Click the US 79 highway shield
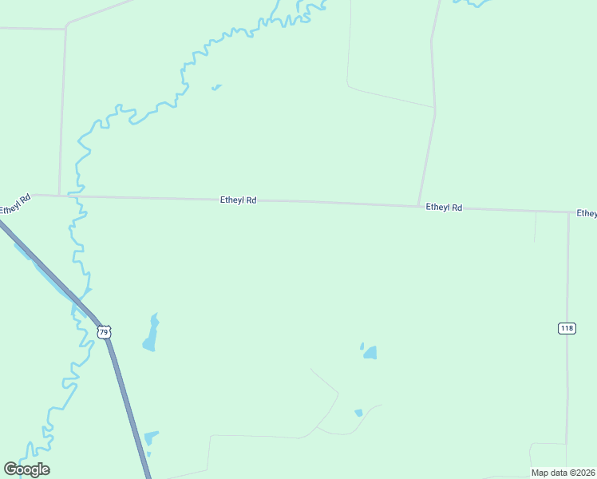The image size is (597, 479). click(x=104, y=331)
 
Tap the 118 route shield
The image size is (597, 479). click(x=567, y=328)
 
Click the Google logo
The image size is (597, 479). click(x=27, y=469)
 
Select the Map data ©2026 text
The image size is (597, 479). click(x=563, y=473)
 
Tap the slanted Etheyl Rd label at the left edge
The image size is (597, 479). click(x=14, y=204)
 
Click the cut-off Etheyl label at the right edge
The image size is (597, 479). click(x=587, y=213)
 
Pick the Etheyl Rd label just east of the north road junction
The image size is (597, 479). click(x=444, y=208)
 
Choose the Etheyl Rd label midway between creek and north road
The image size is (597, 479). click(x=238, y=201)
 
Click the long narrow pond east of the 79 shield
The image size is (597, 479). click(x=150, y=334)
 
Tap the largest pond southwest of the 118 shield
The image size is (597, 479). click(x=370, y=352)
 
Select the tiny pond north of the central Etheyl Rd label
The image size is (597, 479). click(x=215, y=87)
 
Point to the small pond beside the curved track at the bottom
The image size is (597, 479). click(x=358, y=413)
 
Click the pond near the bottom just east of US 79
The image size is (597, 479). click(x=150, y=437)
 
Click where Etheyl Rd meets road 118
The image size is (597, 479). click(x=568, y=212)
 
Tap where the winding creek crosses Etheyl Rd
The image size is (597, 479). click(x=78, y=196)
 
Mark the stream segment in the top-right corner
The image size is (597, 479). click(x=475, y=3)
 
